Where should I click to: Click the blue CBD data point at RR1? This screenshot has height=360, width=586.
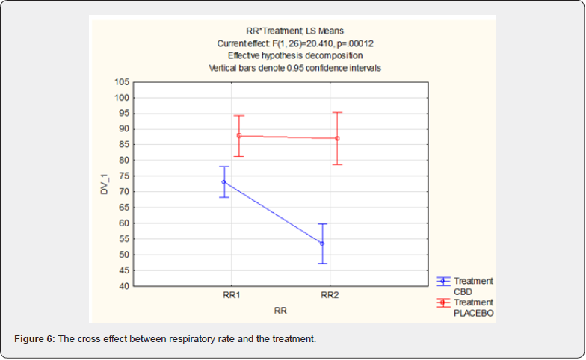(x=223, y=181)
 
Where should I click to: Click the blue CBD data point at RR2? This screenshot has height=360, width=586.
(x=322, y=243)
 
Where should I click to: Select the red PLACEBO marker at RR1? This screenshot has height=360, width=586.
(x=239, y=135)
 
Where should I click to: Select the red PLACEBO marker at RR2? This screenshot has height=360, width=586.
(x=337, y=138)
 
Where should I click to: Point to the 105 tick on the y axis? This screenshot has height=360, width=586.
(x=121, y=82)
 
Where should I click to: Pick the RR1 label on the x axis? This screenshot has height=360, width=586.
(x=231, y=295)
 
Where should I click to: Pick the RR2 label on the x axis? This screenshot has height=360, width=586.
(x=330, y=295)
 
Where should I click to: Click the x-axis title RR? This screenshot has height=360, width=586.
(x=281, y=308)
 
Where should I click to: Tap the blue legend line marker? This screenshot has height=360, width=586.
(x=442, y=281)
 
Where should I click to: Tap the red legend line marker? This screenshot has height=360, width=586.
(x=442, y=302)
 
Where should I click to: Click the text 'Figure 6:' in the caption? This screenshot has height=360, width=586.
(x=34, y=340)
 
